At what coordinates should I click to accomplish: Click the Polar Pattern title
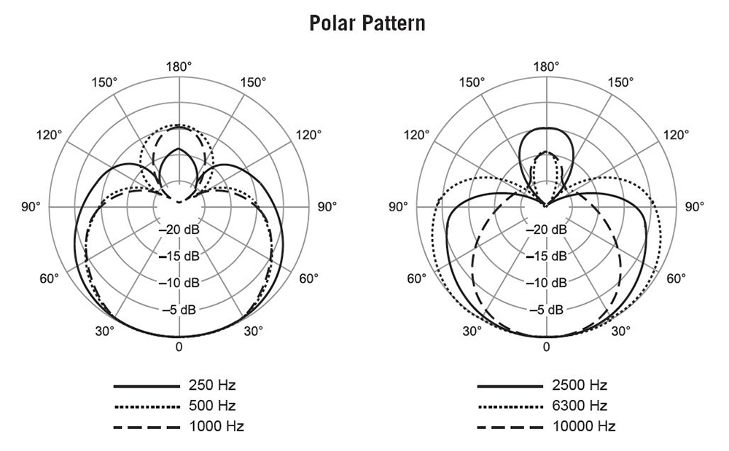[x=367, y=23]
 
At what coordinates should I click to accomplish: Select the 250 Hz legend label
[x=212, y=385]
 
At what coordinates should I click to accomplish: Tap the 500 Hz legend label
[x=212, y=406]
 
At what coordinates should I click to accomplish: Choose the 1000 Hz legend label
[x=217, y=426]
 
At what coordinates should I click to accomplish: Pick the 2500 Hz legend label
[x=580, y=385]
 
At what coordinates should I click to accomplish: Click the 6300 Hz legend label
[x=580, y=406]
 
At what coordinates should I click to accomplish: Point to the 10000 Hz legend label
[x=584, y=426]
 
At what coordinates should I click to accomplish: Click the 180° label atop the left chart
[x=179, y=67]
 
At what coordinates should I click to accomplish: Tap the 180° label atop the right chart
[x=546, y=67]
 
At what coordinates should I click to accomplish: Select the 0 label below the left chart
[x=179, y=347]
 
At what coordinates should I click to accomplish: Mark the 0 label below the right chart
[x=546, y=347]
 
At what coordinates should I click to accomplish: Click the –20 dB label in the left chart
[x=179, y=230]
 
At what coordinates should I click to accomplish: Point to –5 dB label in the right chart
[x=546, y=310]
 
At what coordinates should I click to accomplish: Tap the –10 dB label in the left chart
[x=179, y=283]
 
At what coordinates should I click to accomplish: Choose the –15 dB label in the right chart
[x=546, y=256]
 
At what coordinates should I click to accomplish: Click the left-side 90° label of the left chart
[x=31, y=207]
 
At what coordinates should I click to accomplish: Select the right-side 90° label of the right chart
[x=695, y=207]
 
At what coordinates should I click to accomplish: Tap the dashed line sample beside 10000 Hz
[x=510, y=427]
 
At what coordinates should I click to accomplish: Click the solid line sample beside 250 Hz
[x=147, y=386]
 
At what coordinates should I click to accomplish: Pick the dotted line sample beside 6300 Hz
[x=510, y=407]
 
